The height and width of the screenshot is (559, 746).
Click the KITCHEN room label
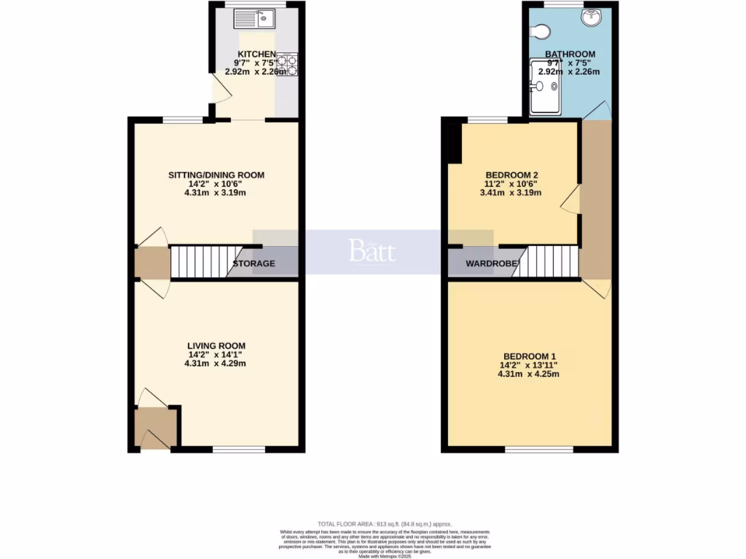tap(254, 54)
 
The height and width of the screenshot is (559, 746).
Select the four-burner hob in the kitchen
tap(288, 65)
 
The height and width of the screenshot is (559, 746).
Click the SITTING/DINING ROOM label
tap(216, 175)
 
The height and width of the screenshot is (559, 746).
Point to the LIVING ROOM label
tap(216, 346)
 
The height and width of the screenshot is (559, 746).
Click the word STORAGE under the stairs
tap(254, 263)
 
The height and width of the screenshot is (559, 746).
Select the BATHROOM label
tap(570, 54)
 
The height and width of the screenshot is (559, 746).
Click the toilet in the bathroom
tap(540, 31)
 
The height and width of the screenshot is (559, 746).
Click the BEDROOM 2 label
tap(511, 175)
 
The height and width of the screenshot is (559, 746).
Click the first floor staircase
tap(551, 262)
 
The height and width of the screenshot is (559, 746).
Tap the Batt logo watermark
tap(372, 251)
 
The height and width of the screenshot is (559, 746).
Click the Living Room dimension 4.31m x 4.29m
tap(216, 363)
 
